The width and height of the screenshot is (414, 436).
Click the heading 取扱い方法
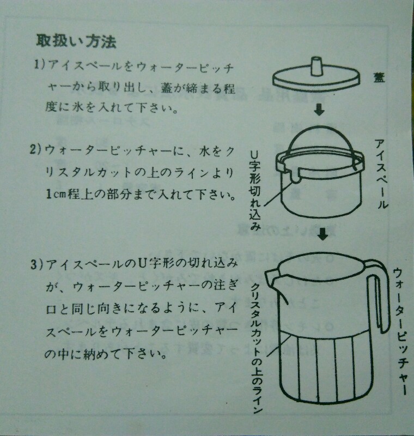(x=76, y=42)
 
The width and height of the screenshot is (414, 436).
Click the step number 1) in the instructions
(x=40, y=65)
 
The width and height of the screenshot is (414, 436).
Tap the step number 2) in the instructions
(x=36, y=150)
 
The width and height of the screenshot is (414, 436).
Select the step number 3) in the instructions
(x=37, y=264)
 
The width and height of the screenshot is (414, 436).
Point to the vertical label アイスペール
(x=381, y=174)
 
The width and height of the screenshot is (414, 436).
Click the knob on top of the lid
(x=316, y=66)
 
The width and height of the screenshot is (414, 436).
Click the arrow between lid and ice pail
(x=319, y=110)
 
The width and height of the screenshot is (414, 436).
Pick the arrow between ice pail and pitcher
(x=322, y=234)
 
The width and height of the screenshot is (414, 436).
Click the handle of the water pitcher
(x=379, y=295)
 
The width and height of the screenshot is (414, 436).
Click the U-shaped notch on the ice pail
(x=295, y=178)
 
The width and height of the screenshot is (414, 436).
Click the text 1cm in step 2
(x=55, y=195)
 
